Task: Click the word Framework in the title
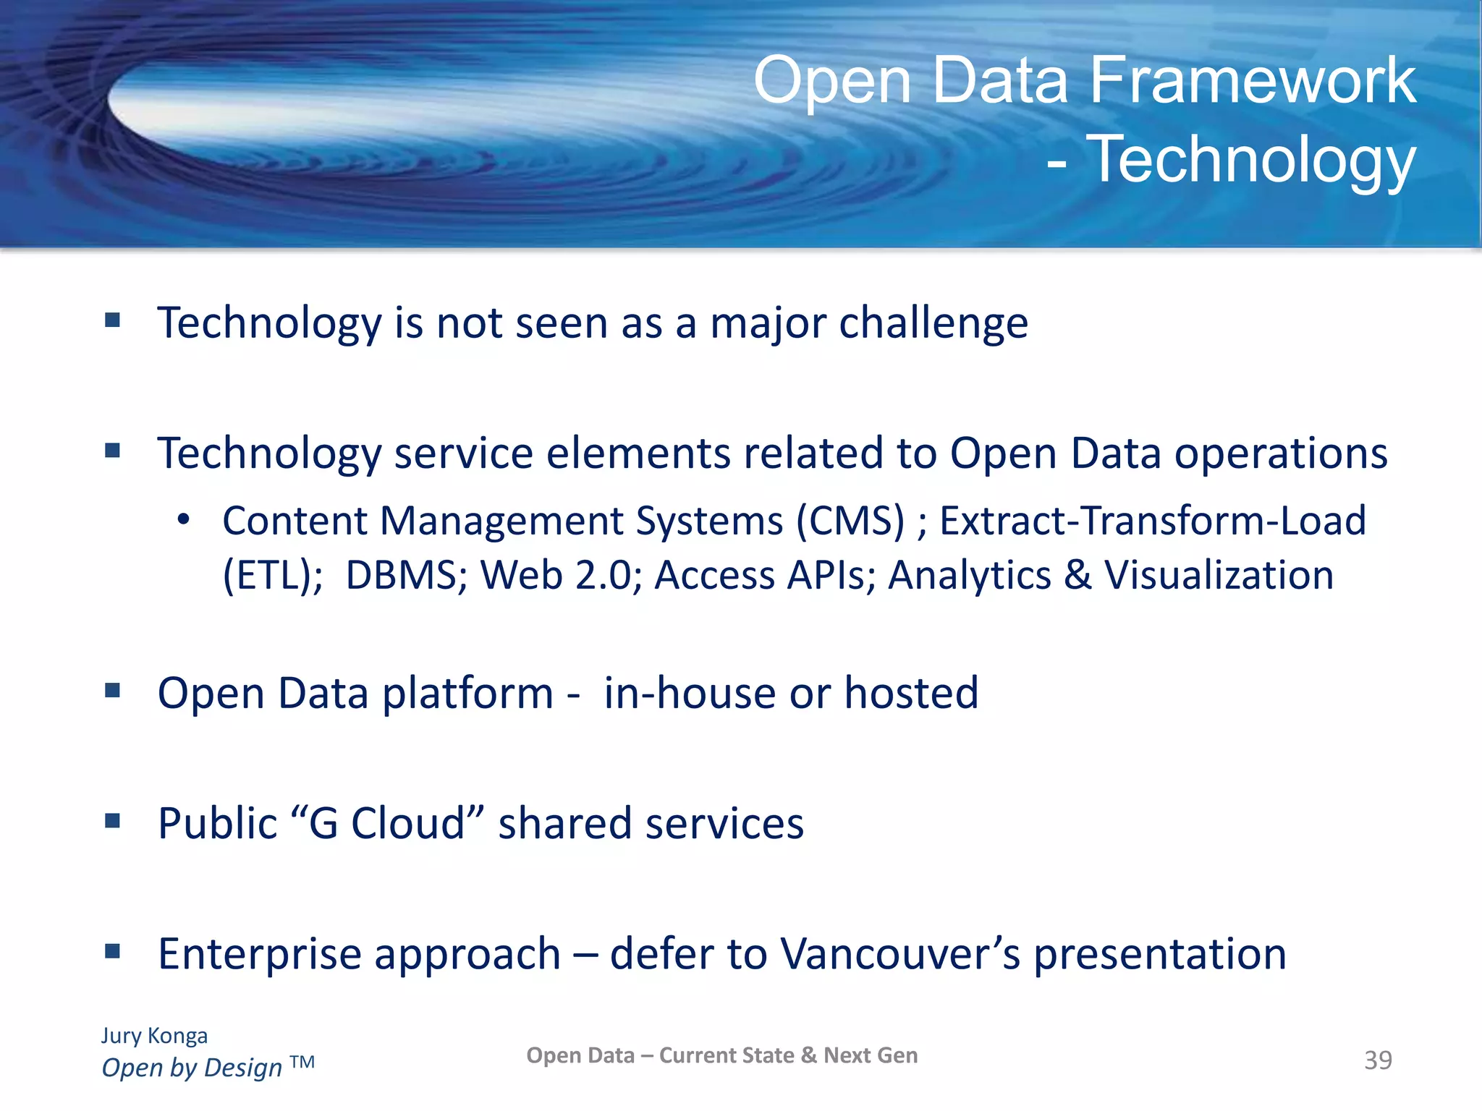coord(1252,81)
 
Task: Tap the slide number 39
coord(1378,1060)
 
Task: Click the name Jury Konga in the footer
coord(154,1035)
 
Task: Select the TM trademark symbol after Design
coord(302,1062)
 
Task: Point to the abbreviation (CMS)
coord(850,521)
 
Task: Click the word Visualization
coord(1219,576)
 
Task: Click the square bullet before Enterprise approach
coord(112,950)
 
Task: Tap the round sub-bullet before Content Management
coord(184,519)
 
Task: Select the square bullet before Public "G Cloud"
coord(112,820)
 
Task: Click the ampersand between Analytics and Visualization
coord(1077,576)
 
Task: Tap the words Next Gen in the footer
coord(871,1055)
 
